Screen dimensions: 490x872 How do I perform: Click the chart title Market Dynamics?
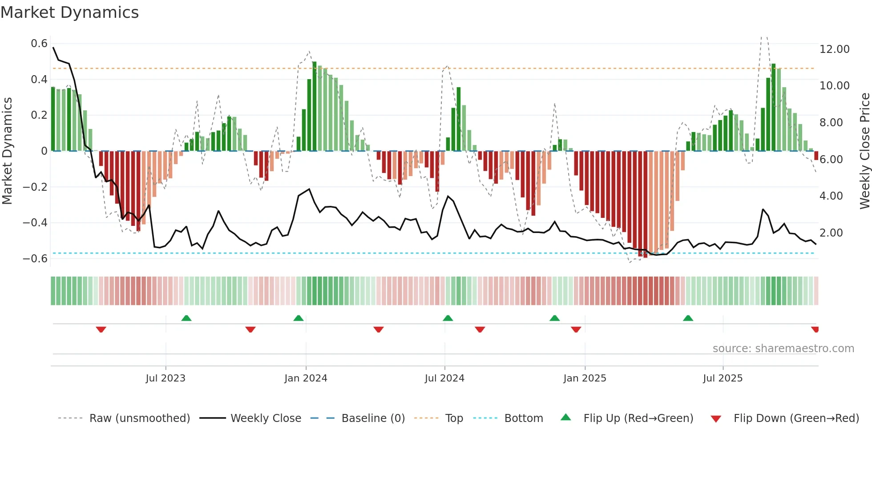point(70,12)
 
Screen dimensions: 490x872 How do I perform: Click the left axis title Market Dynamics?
point(7,151)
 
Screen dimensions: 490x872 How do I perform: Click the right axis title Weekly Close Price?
point(864,151)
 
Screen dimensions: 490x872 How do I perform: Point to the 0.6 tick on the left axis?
point(39,44)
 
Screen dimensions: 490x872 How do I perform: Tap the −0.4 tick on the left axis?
point(35,223)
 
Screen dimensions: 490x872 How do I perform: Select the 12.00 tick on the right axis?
point(834,49)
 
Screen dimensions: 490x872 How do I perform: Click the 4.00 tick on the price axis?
point(831,196)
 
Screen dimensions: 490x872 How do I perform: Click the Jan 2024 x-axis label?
point(306,378)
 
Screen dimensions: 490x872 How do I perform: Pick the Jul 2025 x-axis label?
point(723,378)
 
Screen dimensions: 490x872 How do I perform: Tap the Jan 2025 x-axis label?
point(585,378)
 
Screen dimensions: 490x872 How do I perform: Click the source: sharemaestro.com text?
point(783,349)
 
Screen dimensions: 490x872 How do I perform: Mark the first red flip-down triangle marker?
point(101,329)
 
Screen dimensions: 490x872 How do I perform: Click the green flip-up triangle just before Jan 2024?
point(299,318)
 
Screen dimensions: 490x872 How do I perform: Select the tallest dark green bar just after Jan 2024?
point(315,107)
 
